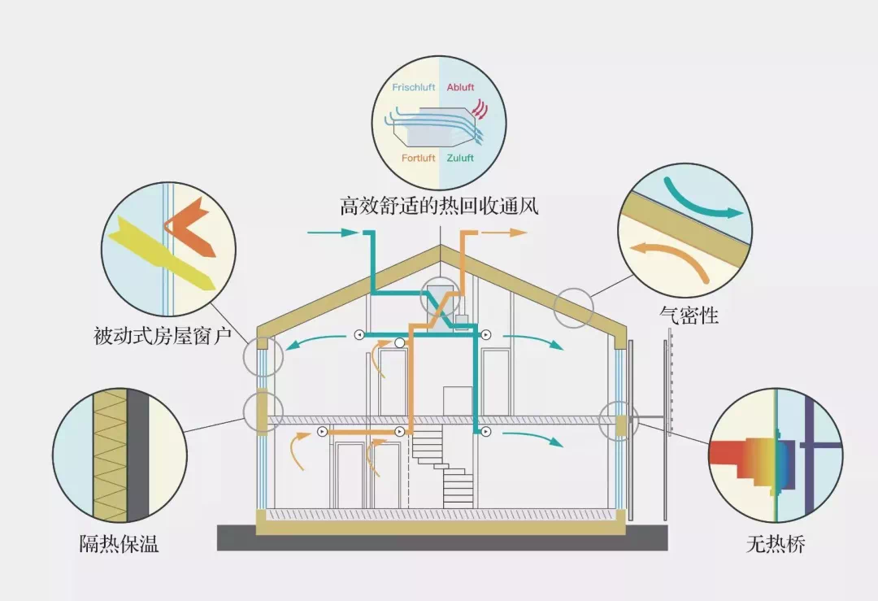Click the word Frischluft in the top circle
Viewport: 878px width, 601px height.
(414, 87)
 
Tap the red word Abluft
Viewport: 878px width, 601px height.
(460, 87)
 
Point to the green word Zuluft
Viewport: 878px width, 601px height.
(460, 158)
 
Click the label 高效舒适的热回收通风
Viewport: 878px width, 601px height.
(439, 206)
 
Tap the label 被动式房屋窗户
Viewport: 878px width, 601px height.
(163, 334)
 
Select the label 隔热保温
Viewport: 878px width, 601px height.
(119, 544)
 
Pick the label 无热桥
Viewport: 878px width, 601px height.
(775, 544)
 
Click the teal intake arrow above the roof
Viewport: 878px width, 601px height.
(333, 233)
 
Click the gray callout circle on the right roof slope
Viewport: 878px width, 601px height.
(574, 308)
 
